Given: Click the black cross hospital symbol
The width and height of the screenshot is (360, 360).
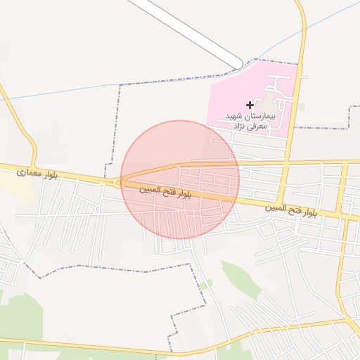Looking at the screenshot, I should (x=250, y=105).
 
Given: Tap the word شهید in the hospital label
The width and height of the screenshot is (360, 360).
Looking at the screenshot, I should (x=233, y=115).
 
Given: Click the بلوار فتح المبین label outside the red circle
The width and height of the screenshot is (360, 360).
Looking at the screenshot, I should (x=291, y=210).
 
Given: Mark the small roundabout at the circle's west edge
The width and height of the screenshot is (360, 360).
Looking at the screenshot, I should (x=118, y=184).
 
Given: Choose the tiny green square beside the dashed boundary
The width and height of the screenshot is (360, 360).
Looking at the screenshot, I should (x=205, y=284).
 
